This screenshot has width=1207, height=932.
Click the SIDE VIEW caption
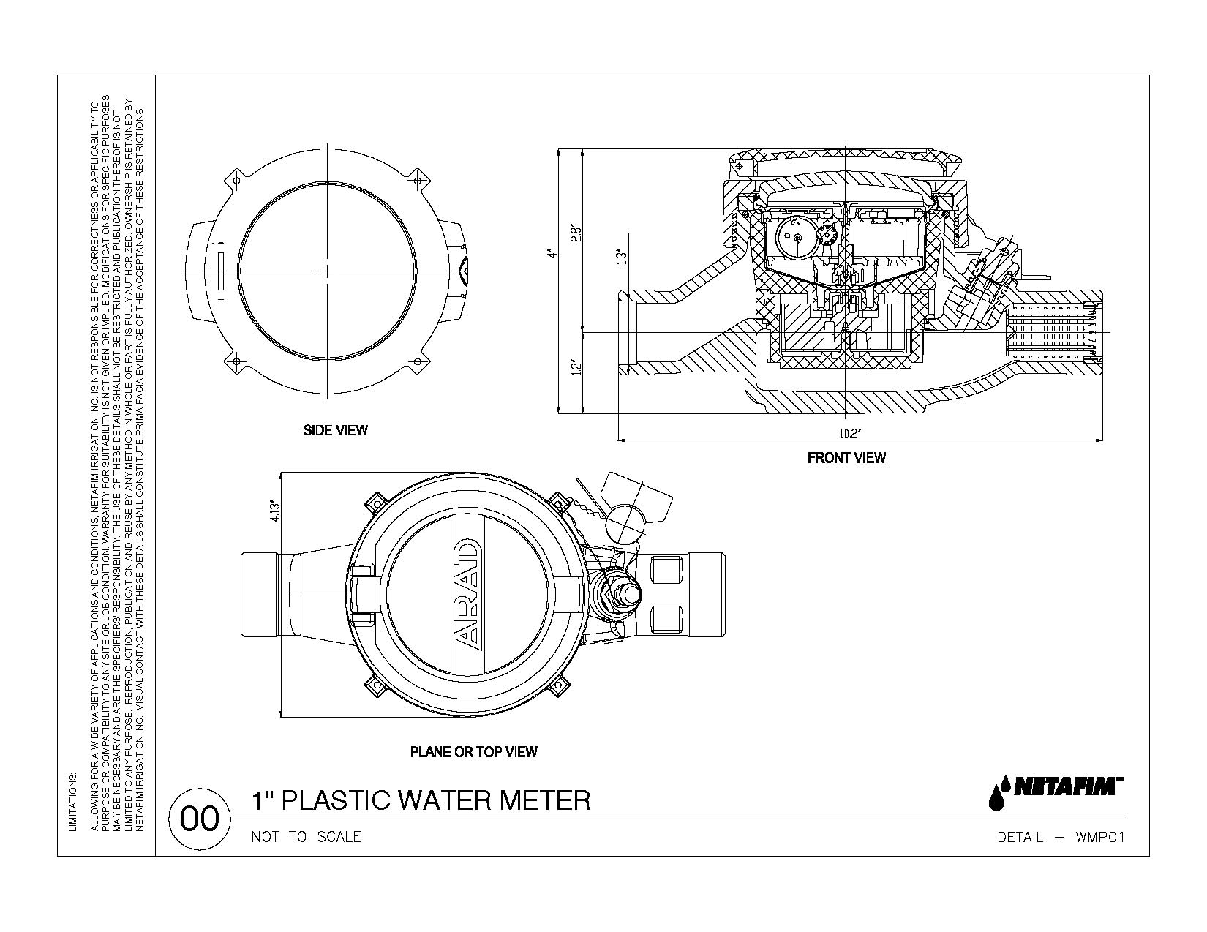coord(335,430)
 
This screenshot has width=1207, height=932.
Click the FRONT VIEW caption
coord(846,458)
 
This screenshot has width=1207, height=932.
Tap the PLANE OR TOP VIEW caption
coord(473,751)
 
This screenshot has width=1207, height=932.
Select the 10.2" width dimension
coord(848,434)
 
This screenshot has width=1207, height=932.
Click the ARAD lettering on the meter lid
coord(467,594)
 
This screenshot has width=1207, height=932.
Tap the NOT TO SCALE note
coord(306,837)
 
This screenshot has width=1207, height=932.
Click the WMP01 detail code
coord(1099,837)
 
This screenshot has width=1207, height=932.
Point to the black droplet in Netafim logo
coord(996,796)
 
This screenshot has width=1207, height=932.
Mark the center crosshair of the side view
coord(327,271)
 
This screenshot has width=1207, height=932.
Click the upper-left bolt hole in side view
coord(236,180)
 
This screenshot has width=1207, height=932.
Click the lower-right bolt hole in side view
coord(418,361)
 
